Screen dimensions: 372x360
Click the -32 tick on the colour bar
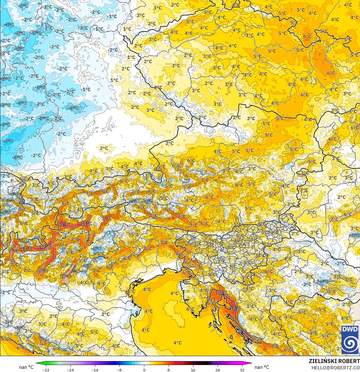click(46, 370)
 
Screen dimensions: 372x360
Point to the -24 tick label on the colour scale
click(70, 370)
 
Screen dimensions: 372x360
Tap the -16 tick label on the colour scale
click(95, 370)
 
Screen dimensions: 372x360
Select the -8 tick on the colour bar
click(120, 370)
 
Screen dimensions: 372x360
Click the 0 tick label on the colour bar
click(144, 370)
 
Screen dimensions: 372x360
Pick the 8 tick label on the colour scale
click(168, 370)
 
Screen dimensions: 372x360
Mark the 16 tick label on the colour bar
click(193, 370)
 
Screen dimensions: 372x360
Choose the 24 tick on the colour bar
click(217, 370)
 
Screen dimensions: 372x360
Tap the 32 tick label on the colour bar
click(242, 370)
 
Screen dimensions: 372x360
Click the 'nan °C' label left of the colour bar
click(26, 367)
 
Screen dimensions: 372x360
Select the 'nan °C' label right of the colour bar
click(262, 367)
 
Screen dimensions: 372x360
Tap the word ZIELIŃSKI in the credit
click(322, 361)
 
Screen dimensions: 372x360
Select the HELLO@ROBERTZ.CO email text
click(335, 367)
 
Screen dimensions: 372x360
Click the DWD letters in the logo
click(350, 329)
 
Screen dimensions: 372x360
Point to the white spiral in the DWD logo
click(350, 343)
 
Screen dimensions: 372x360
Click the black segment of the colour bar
click(199, 364)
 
